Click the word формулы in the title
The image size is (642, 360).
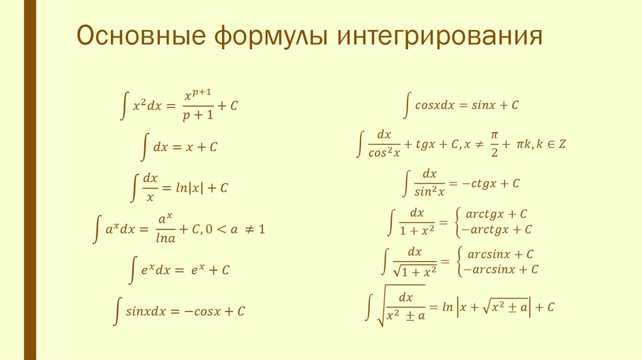pyautogui.click(x=273, y=38)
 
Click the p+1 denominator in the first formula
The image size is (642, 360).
pyautogui.click(x=198, y=116)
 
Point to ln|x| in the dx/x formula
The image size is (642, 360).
pyautogui.click(x=187, y=187)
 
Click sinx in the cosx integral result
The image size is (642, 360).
pyautogui.click(x=478, y=105)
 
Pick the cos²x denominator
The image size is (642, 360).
pyautogui.click(x=384, y=152)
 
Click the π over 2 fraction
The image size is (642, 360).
pyautogui.click(x=494, y=144)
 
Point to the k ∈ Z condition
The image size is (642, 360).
pyautogui.click(x=552, y=144)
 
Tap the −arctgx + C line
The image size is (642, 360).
pyautogui.click(x=496, y=230)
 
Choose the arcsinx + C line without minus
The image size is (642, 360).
pyautogui.click(x=499, y=254)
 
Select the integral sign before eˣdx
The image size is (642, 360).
pyautogui.click(x=133, y=270)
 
